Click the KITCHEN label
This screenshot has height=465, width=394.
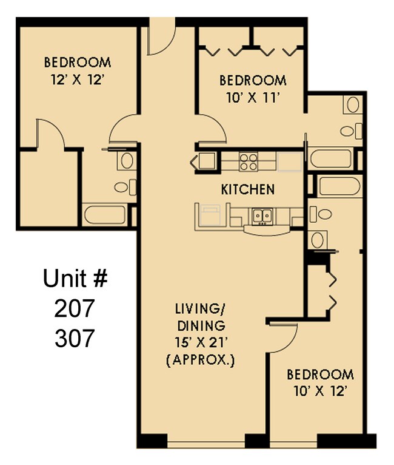pyautogui.click(x=247, y=189)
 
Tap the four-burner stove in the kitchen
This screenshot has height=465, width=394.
pyautogui.click(x=248, y=161)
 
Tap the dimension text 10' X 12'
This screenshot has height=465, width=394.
pyautogui.click(x=320, y=391)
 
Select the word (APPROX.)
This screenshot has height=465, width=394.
pyautogui.click(x=201, y=361)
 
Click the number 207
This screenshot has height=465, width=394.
pyautogui.click(x=75, y=309)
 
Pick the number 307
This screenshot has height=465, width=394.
pyautogui.click(x=75, y=338)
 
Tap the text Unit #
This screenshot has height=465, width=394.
pyautogui.click(x=75, y=280)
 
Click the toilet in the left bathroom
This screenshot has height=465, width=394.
pyautogui.click(x=124, y=187)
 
